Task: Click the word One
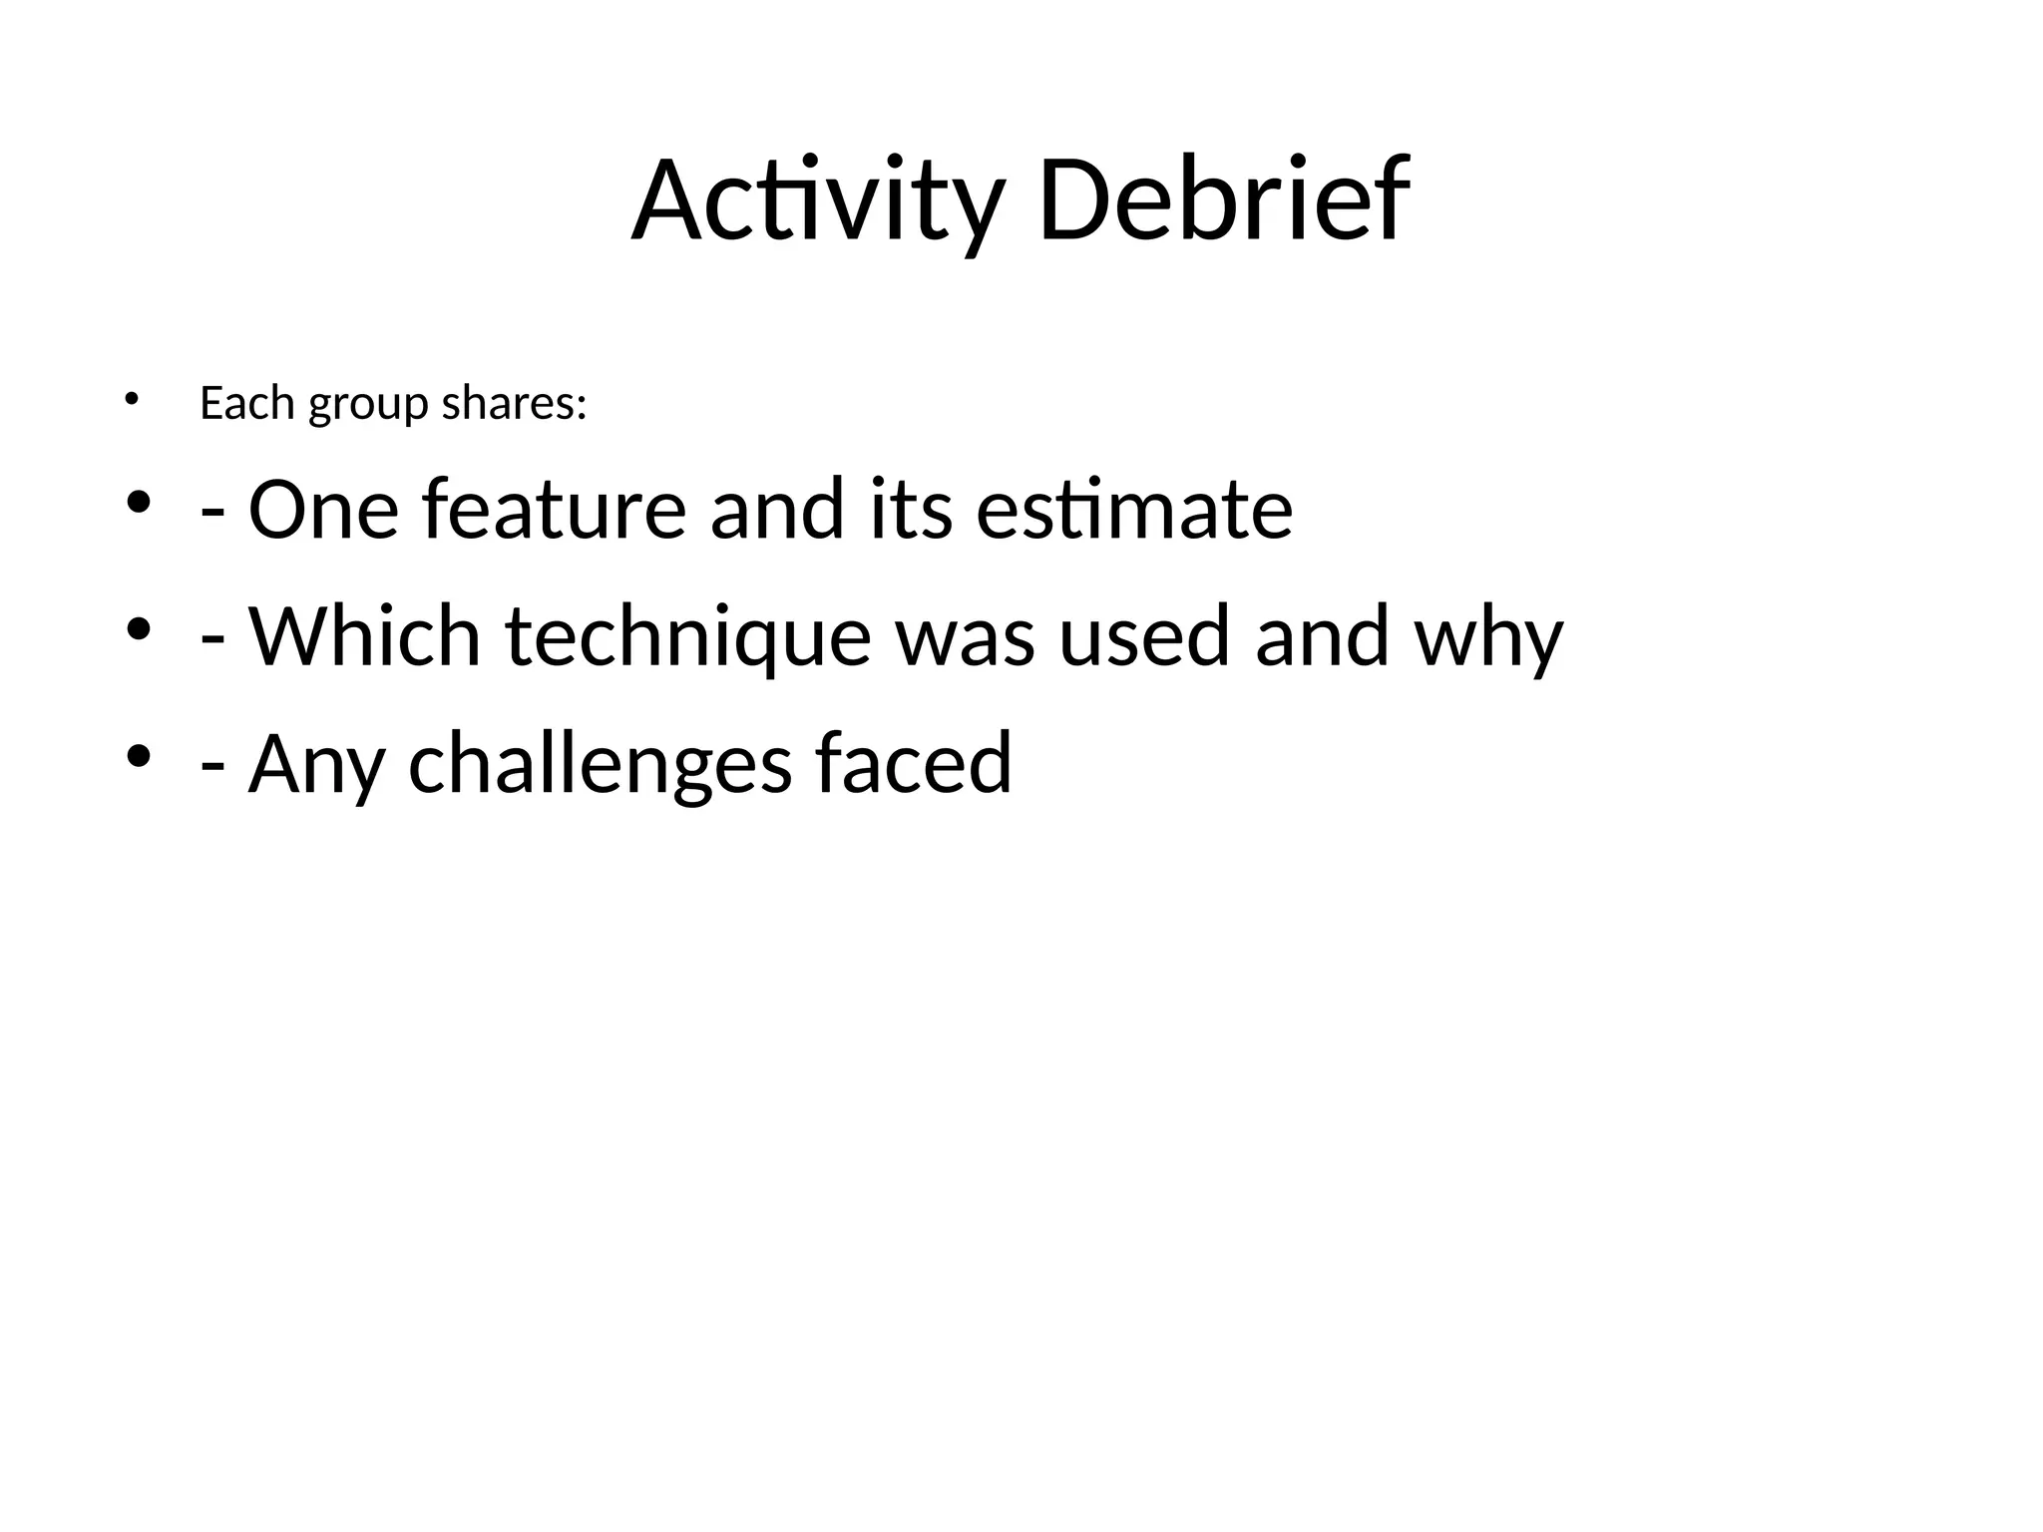323,510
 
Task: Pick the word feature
555,510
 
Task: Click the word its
911,510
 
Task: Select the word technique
688,638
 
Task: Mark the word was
965,638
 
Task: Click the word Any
316,764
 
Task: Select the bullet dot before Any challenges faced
139,755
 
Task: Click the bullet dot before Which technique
139,628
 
